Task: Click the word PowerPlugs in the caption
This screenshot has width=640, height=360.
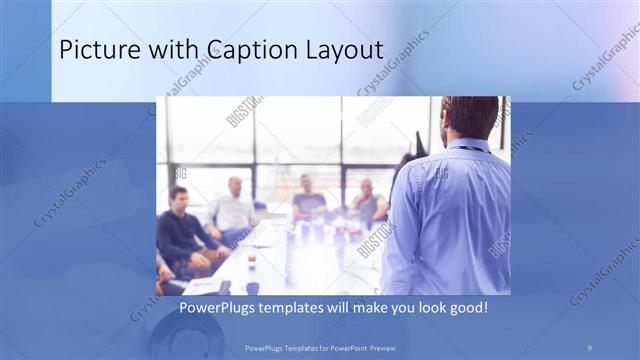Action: pos(222,307)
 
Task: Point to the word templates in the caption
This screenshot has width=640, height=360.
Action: pos(304,307)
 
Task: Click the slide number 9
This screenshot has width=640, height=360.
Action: pos(589,346)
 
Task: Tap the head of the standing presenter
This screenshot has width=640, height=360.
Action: pos(464,115)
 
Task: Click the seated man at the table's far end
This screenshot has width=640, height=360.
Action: pos(307,198)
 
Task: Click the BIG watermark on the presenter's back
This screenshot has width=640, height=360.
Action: pos(441,174)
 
